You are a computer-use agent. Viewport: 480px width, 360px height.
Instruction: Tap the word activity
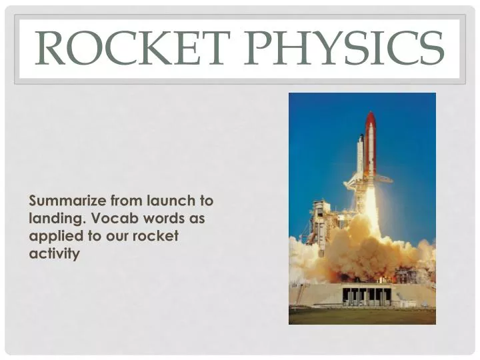tap(54, 253)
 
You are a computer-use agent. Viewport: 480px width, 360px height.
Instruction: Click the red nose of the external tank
tap(371, 122)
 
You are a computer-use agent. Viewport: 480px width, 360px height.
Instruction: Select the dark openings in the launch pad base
tap(367, 294)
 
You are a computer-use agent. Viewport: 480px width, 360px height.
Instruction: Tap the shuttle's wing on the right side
tap(384, 179)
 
